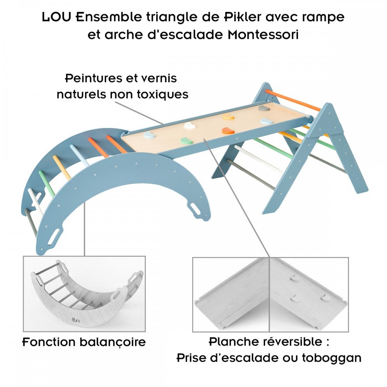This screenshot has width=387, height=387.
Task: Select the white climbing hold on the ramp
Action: [x=189, y=125]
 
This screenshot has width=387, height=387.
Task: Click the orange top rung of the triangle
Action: [x=294, y=99]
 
